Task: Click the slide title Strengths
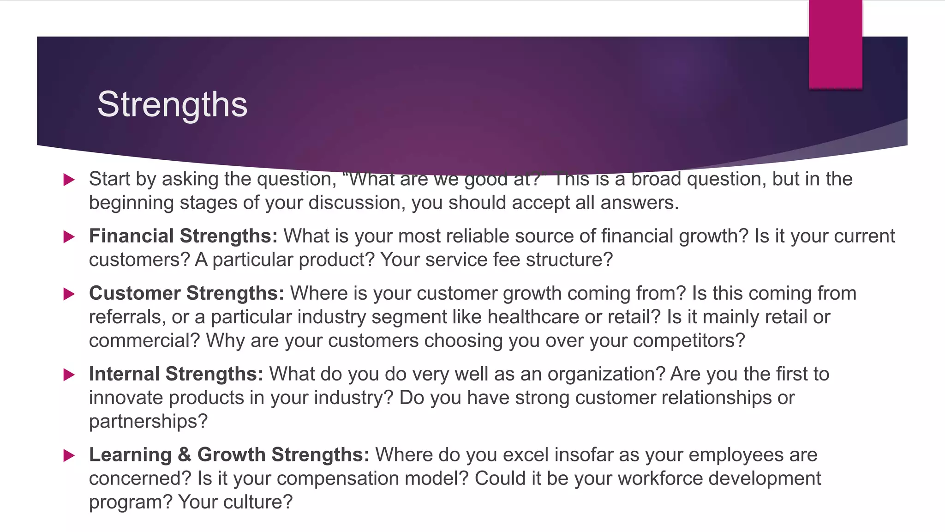point(172,104)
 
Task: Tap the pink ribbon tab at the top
point(835,44)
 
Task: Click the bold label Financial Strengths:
point(183,236)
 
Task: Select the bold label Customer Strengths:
point(186,293)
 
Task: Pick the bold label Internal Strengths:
point(176,374)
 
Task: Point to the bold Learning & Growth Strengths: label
point(229,455)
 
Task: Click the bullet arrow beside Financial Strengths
point(69,237)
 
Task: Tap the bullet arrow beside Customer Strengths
point(69,294)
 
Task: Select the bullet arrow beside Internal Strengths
point(69,375)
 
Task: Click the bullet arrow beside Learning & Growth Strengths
point(69,456)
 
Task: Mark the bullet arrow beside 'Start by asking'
point(69,180)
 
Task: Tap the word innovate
point(126,398)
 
